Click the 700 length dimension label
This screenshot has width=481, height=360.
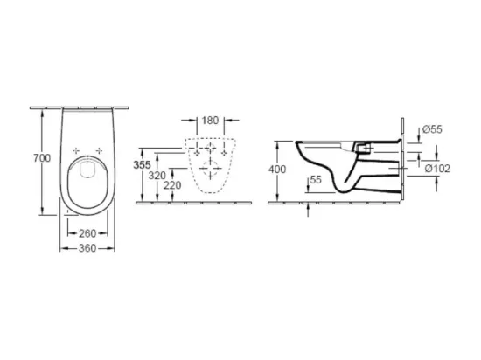point(42,158)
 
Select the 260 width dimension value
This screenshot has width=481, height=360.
point(87,233)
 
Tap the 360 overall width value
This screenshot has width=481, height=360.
point(87,248)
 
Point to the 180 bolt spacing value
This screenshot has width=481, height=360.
point(210,121)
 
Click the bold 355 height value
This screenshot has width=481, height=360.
point(142,165)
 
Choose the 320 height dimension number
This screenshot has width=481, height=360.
point(157,176)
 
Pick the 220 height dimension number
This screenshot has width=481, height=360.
point(172,185)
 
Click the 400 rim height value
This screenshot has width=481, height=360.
point(277,170)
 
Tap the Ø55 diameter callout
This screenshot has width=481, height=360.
point(432,129)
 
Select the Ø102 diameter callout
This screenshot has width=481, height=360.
point(437,169)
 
